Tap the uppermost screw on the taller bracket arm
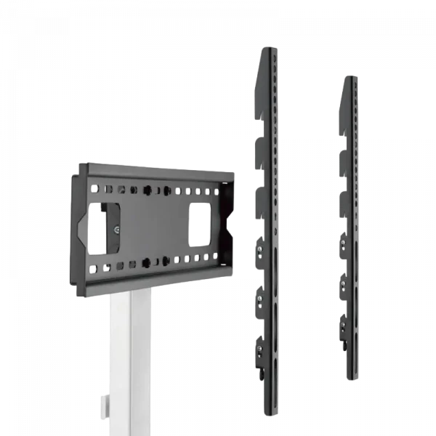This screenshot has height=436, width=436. coord(259,249)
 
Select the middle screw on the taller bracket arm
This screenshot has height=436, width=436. coord(259,297)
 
